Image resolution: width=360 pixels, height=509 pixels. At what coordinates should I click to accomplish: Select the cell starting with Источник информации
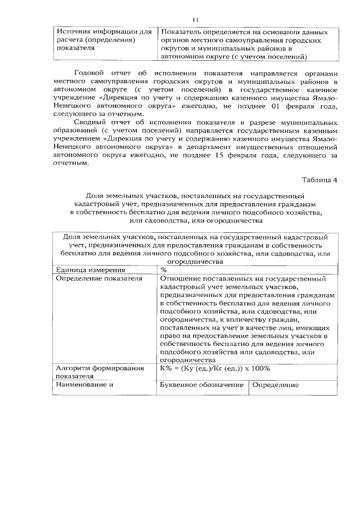point(105,40)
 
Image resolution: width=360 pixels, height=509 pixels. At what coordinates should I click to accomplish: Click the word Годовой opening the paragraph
point(92,73)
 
